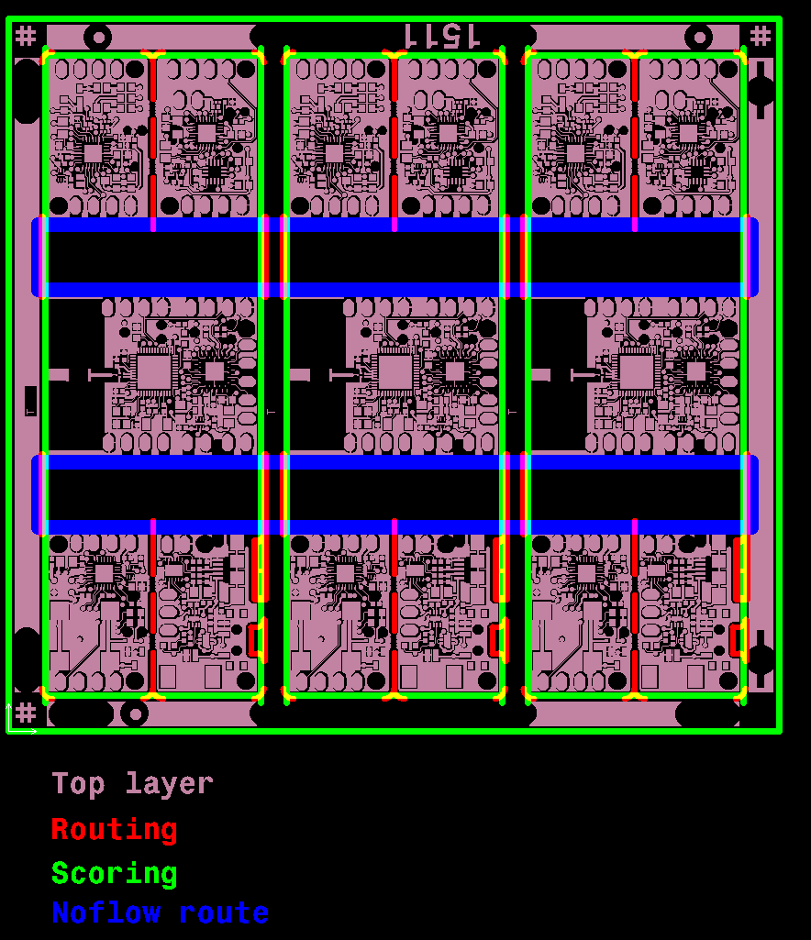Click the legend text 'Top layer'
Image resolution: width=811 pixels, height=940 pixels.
click(x=132, y=784)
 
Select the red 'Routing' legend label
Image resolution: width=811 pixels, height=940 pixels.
click(x=114, y=830)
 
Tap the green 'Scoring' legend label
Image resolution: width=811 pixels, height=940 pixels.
click(x=114, y=874)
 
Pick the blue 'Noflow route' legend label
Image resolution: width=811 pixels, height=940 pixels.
click(x=160, y=913)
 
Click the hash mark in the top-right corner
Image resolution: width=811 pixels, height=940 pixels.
click(x=761, y=36)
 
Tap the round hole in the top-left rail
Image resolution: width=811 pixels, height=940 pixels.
click(x=97, y=38)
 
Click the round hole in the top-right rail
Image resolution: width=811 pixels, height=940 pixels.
click(x=699, y=38)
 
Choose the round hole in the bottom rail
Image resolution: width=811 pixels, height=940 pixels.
click(x=136, y=713)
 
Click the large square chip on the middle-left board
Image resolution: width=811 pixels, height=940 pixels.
click(x=153, y=372)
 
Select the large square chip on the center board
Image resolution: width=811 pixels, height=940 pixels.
click(x=395, y=372)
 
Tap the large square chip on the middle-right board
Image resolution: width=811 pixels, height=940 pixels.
click(x=637, y=372)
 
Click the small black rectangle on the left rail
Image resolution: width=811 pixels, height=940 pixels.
click(x=30, y=401)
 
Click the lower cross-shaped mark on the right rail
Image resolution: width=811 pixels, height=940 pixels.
click(x=761, y=653)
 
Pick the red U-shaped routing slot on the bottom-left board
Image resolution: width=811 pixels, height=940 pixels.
click(x=257, y=639)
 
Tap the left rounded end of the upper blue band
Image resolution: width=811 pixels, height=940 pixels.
click(x=38, y=257)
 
